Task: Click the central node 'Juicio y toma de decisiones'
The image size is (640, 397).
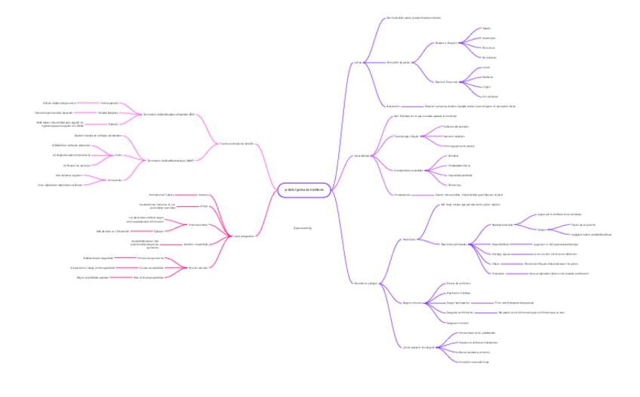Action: [x=301, y=189]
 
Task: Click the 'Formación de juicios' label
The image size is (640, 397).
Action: [x=398, y=62]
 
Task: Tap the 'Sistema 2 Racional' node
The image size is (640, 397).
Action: [x=447, y=82]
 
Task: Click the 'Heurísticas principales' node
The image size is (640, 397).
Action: [x=454, y=244]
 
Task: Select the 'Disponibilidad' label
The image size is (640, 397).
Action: [x=500, y=244]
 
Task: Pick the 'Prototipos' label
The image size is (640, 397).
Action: [x=498, y=273]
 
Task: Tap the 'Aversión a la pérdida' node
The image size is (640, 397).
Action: [x=195, y=245]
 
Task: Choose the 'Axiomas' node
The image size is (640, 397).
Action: [x=202, y=195]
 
